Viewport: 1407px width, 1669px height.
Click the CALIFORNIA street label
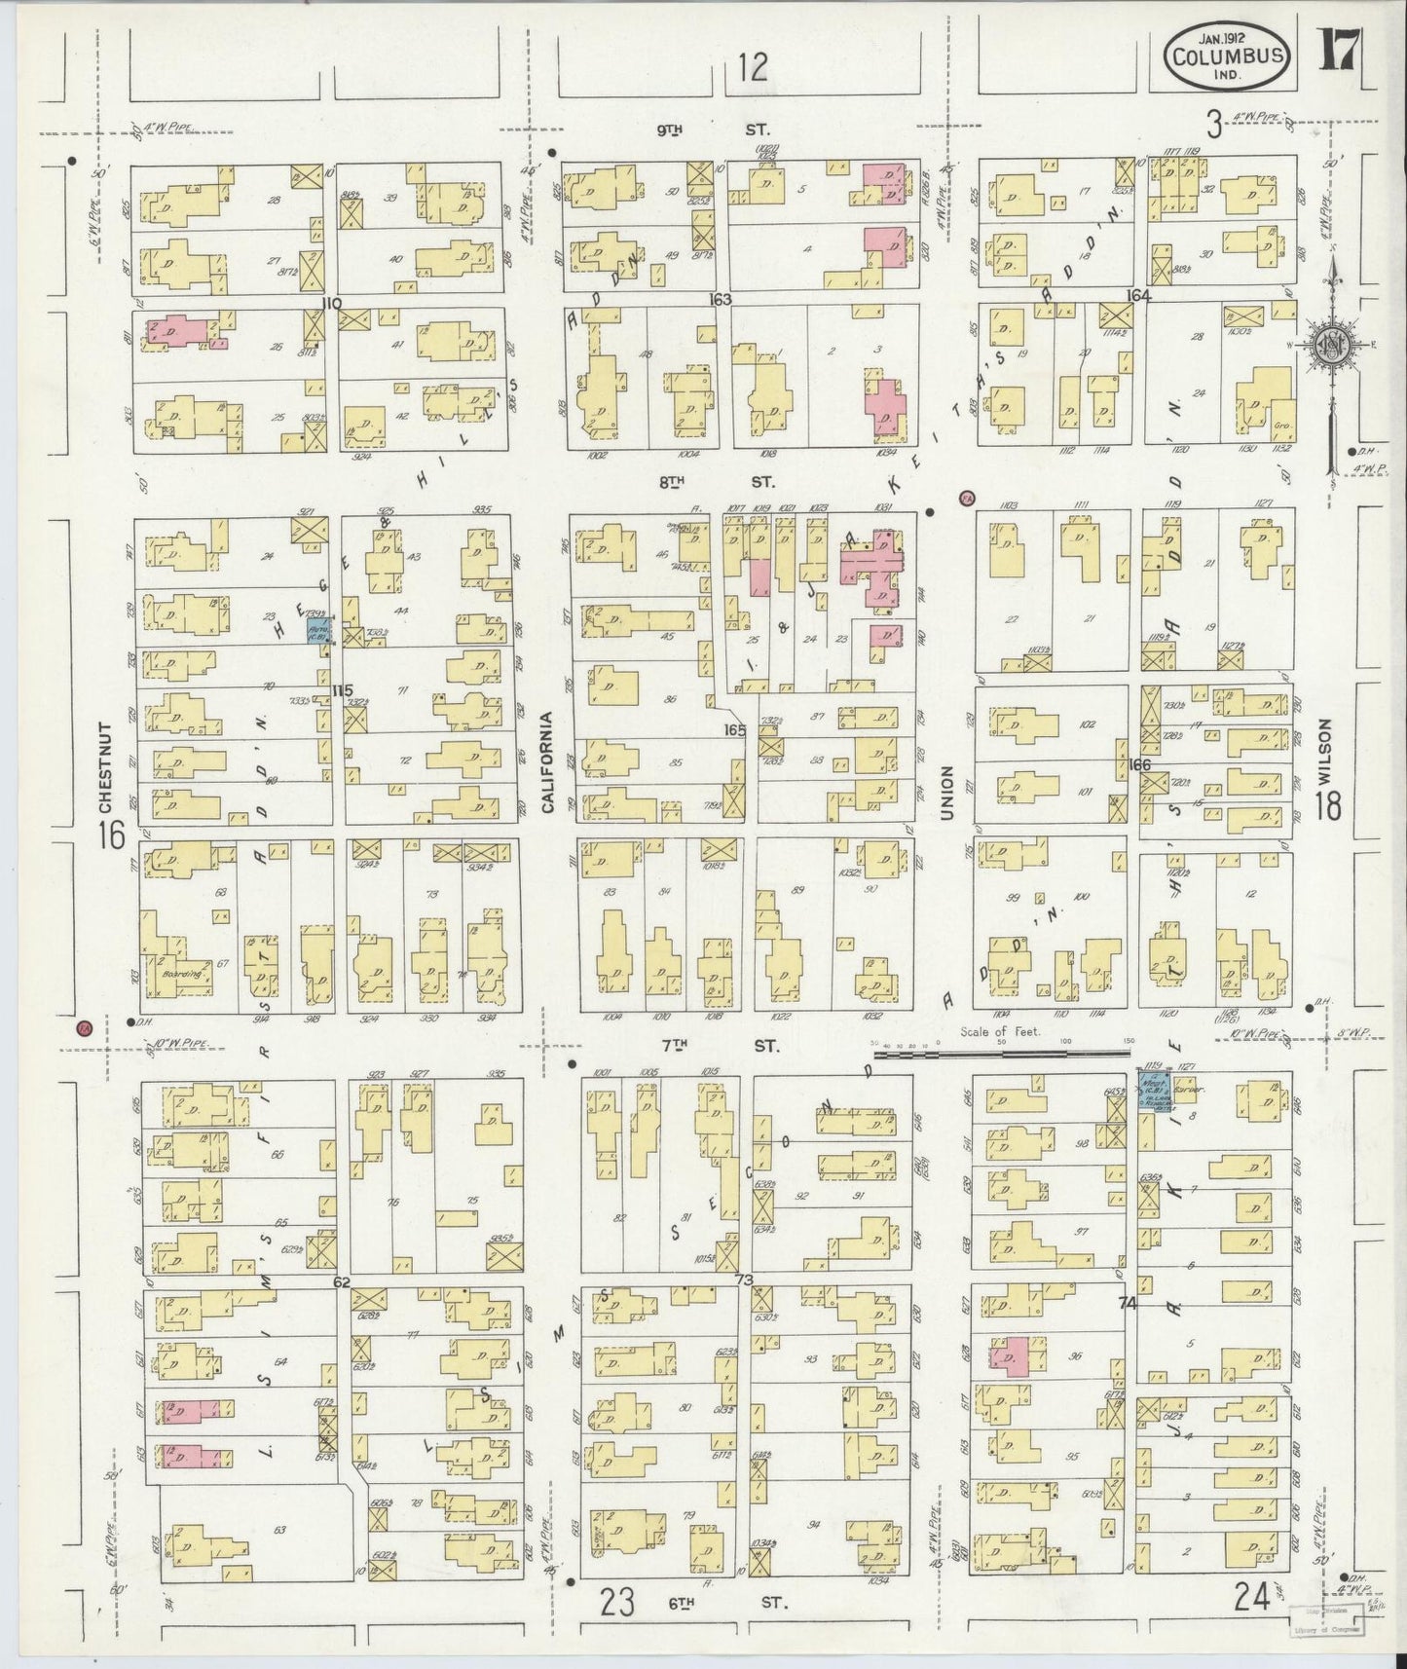(x=547, y=762)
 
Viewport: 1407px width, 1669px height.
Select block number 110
(x=332, y=303)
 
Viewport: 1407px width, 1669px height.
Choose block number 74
(x=1128, y=1303)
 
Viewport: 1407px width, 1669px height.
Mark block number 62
(x=341, y=1282)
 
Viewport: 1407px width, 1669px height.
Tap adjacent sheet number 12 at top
(x=752, y=67)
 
